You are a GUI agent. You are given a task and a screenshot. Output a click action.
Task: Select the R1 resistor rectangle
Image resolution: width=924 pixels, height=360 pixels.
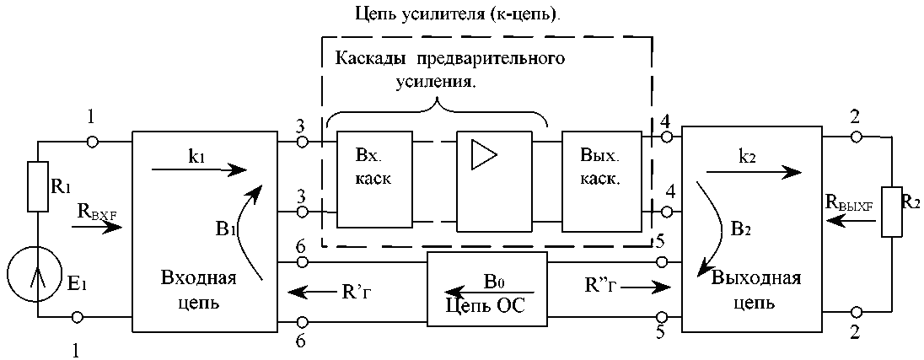38,187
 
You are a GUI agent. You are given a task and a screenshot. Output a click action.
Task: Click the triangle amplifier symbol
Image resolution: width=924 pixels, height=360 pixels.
484,154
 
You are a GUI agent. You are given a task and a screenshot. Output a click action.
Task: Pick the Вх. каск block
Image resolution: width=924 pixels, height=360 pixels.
374,180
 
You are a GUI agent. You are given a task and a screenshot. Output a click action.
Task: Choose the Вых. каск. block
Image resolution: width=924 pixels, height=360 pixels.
600,180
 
